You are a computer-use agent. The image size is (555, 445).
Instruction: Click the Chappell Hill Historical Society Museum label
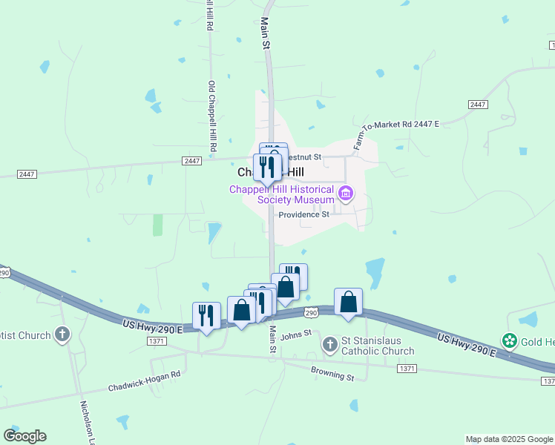pyautogui.click(x=282, y=194)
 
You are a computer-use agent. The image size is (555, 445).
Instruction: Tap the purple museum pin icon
pyautogui.click(x=345, y=194)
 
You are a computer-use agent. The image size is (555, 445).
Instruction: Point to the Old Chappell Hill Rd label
pyautogui.click(x=211, y=116)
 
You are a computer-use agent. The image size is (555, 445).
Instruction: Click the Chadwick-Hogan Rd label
pyautogui.click(x=145, y=382)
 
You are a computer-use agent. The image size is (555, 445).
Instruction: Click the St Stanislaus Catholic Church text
pyautogui.click(x=378, y=346)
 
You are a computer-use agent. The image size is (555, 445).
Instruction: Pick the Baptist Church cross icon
pyautogui.click(x=62, y=334)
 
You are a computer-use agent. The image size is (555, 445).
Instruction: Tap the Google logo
pyautogui.click(x=24, y=435)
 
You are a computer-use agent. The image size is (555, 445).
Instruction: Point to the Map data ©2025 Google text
pyautogui.click(x=509, y=439)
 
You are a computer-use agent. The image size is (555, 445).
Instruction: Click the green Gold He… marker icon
pyautogui.click(x=510, y=340)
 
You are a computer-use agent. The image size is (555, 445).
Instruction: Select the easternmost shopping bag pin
pyautogui.click(x=348, y=302)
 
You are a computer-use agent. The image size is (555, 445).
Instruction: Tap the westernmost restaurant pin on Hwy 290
pyautogui.click(x=206, y=316)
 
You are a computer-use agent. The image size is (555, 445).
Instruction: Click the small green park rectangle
pyautogui.click(x=157, y=225)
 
